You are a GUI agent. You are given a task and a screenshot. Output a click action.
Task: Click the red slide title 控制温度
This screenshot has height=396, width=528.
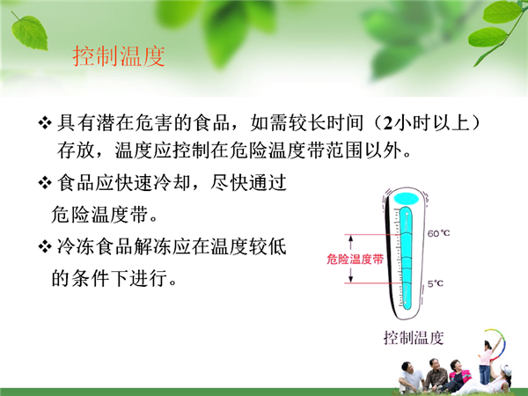tap(119, 56)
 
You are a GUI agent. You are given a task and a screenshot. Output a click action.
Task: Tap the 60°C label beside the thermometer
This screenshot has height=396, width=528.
tap(438, 233)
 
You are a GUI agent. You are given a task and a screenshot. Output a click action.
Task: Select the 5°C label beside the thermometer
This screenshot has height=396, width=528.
tap(436, 283)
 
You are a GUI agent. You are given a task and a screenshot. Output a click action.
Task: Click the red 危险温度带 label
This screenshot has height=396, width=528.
tap(356, 259)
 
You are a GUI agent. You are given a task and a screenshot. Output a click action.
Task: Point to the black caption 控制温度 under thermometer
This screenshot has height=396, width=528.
tap(414, 338)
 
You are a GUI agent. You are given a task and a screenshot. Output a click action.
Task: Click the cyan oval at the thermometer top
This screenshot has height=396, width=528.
tap(407, 199)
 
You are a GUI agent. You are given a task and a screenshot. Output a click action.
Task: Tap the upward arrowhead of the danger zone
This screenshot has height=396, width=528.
tap(350, 238)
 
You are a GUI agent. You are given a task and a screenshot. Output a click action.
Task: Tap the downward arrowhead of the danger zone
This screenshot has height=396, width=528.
tap(350, 280)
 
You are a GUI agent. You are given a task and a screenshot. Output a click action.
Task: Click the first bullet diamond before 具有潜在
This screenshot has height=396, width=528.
tap(45, 122)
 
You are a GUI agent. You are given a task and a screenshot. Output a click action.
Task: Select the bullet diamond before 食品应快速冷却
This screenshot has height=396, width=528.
tap(45, 183)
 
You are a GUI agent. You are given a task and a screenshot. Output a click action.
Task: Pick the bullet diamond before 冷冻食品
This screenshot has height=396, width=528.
tap(45, 246)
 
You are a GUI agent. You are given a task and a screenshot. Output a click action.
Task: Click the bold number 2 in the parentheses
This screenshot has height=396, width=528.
tap(388, 123)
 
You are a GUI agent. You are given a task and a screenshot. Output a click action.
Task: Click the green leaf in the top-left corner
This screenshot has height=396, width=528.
tap(29, 32)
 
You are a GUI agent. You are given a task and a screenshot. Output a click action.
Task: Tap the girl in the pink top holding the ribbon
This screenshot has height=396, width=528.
tap(486, 362)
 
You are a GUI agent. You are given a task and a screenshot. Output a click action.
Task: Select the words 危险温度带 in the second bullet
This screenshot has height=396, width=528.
tap(99, 215)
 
